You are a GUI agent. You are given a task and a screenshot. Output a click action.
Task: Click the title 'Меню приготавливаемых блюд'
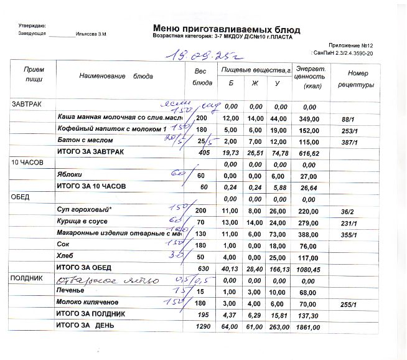pyautogui.click(x=225, y=29)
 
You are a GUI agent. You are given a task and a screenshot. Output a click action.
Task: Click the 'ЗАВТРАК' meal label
pyautogui.click(x=27, y=104)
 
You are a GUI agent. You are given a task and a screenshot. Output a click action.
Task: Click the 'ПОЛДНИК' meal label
pyautogui.click(x=27, y=280)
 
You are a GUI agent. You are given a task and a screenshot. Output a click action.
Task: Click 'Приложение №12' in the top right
pyautogui.click(x=352, y=45)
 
